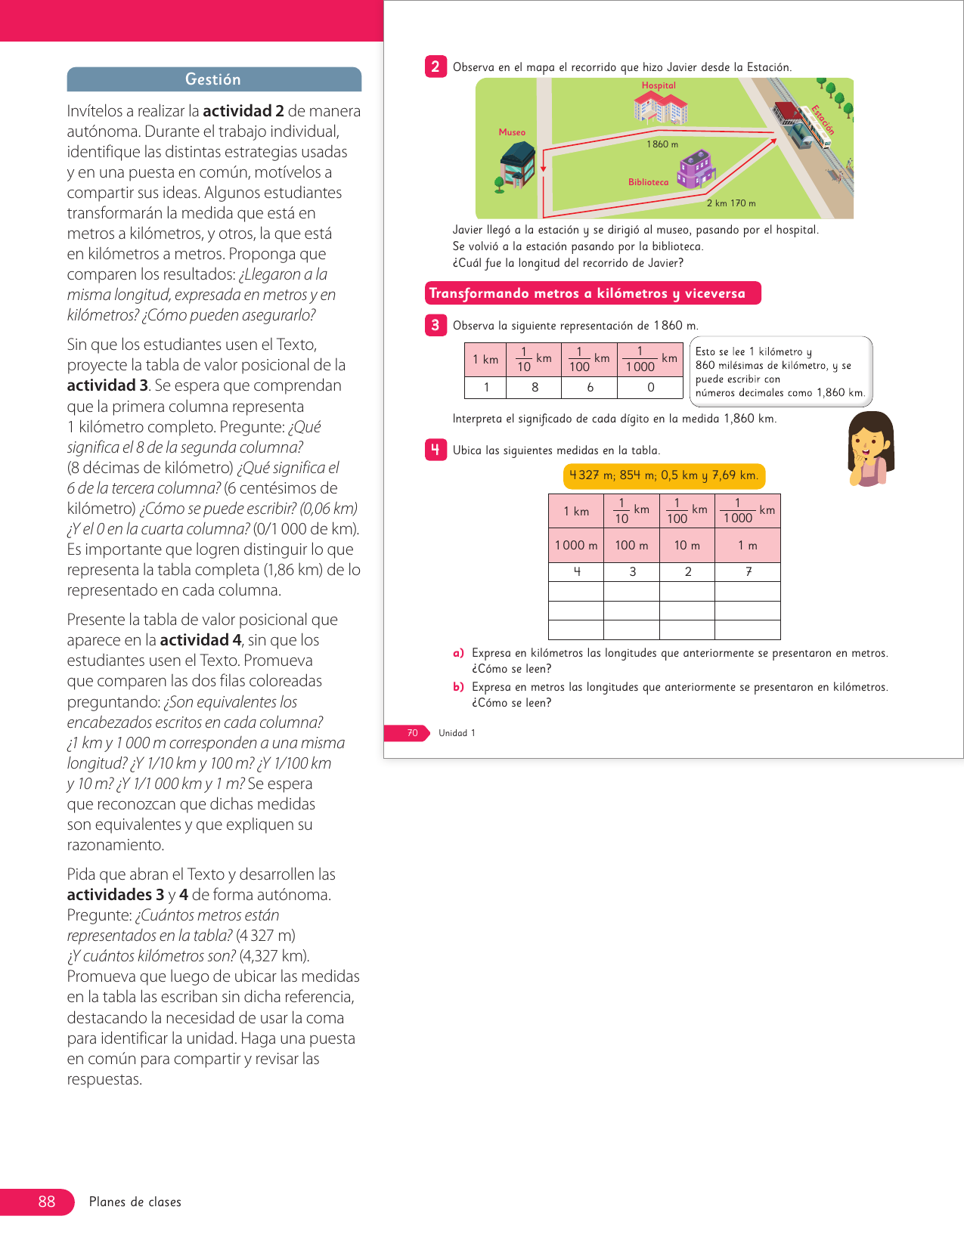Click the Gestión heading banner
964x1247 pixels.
(x=214, y=79)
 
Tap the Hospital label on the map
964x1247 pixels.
(x=659, y=85)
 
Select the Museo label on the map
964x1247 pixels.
(x=512, y=132)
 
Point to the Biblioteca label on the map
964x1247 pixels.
(x=648, y=182)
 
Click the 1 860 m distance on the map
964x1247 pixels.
(x=662, y=144)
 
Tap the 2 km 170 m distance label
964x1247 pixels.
(x=731, y=203)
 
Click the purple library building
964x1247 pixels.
(x=696, y=169)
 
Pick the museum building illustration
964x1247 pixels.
(x=518, y=166)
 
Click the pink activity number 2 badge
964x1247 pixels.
(x=436, y=67)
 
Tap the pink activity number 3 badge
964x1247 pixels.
(x=436, y=325)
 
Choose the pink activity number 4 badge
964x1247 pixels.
(x=436, y=450)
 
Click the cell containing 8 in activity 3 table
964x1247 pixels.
(x=535, y=388)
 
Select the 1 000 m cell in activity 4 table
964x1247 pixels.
(x=576, y=546)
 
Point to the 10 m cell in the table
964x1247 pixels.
(x=687, y=546)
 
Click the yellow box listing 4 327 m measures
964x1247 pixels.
(x=664, y=475)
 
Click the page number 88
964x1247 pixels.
(x=46, y=1202)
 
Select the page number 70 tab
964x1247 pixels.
(x=412, y=733)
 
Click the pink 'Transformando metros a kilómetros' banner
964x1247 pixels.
(x=593, y=293)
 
